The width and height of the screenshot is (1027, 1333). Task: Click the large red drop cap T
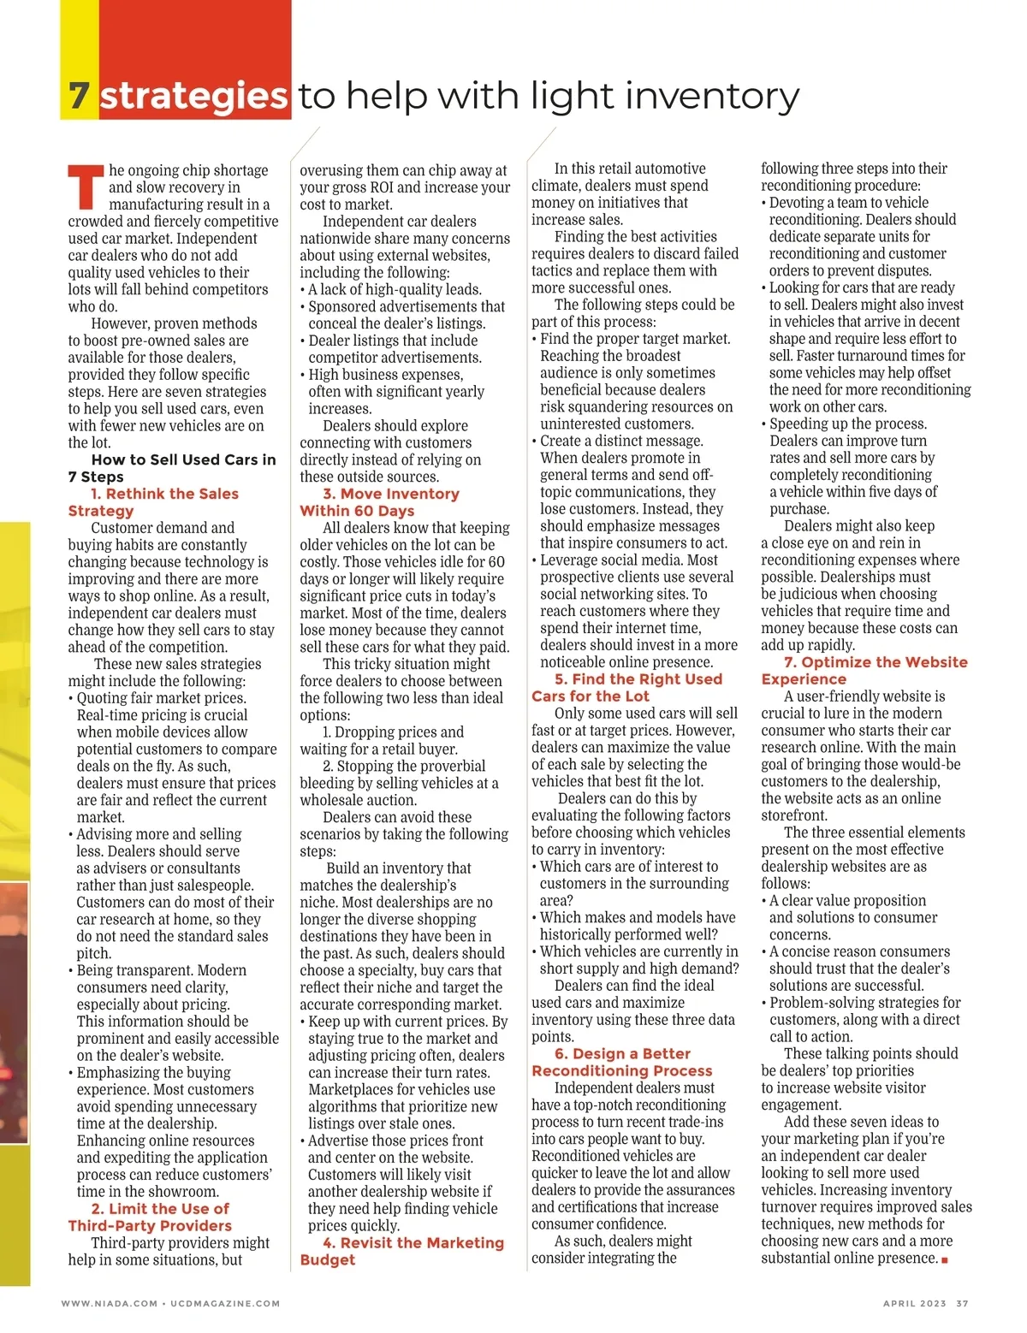(86, 187)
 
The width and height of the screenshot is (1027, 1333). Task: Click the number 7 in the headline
(80, 96)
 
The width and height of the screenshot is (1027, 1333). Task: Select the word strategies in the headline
(193, 96)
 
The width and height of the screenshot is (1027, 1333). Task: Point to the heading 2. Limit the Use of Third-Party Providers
(151, 1217)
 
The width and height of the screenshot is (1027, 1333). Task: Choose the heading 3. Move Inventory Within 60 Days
(380, 502)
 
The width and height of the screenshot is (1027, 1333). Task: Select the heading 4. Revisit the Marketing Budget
(402, 1251)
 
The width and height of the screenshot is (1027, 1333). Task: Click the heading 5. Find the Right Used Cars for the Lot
(627, 687)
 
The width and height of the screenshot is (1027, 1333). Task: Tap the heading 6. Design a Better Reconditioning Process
(622, 1062)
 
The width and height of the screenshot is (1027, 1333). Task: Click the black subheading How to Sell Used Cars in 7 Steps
(173, 468)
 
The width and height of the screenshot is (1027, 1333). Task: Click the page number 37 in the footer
(962, 1303)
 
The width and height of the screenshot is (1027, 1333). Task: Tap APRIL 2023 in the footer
(914, 1303)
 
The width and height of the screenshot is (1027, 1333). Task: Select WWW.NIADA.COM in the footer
(110, 1303)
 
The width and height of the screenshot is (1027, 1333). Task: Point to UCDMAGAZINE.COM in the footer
(225, 1303)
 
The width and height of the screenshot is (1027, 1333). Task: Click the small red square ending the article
(945, 1259)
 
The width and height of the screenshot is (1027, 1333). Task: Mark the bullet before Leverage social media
(534, 560)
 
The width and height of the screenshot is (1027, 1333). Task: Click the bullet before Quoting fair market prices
(71, 698)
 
